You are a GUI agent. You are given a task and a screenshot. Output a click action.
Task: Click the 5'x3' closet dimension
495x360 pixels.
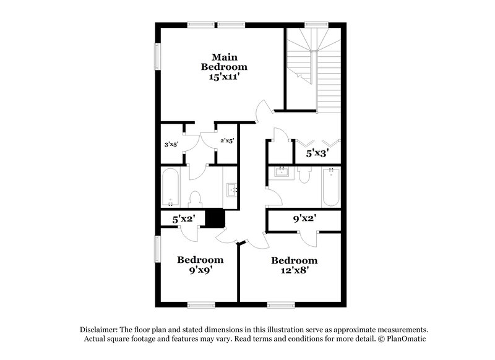click(x=316, y=151)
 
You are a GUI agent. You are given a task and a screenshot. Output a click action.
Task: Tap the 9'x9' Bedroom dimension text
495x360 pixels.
click(x=200, y=271)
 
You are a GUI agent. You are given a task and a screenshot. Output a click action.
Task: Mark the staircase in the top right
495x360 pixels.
click(x=314, y=68)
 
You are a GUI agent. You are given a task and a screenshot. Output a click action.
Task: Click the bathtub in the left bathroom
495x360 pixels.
click(x=171, y=189)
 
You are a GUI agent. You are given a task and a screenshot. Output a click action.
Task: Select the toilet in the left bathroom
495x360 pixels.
click(x=196, y=199)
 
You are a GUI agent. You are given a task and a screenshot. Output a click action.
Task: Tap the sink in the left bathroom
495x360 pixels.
click(x=233, y=189)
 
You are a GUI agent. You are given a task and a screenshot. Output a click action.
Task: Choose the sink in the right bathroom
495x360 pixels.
click(x=282, y=172)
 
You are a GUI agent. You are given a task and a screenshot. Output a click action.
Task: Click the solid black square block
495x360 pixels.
click(x=214, y=218)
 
